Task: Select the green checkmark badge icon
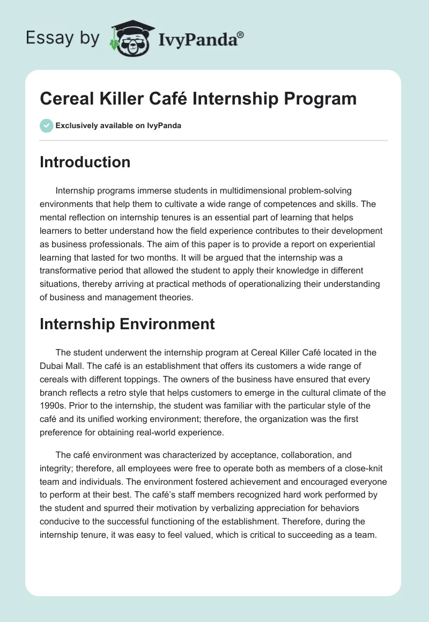46,125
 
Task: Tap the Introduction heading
85,162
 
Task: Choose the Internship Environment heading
127,323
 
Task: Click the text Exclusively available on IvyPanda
119,126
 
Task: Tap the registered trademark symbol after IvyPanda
241,33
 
